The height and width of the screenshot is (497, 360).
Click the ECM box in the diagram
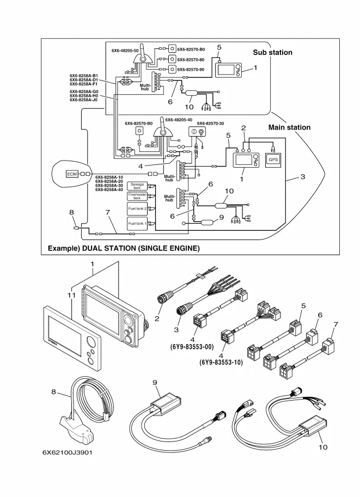click(72, 174)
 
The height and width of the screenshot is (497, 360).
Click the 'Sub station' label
click(272, 53)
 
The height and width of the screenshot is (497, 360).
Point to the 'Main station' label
click(289, 127)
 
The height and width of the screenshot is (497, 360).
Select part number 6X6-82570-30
click(210, 124)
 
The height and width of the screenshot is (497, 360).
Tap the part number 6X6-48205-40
click(178, 120)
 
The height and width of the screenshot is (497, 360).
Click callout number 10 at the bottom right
click(322, 447)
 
